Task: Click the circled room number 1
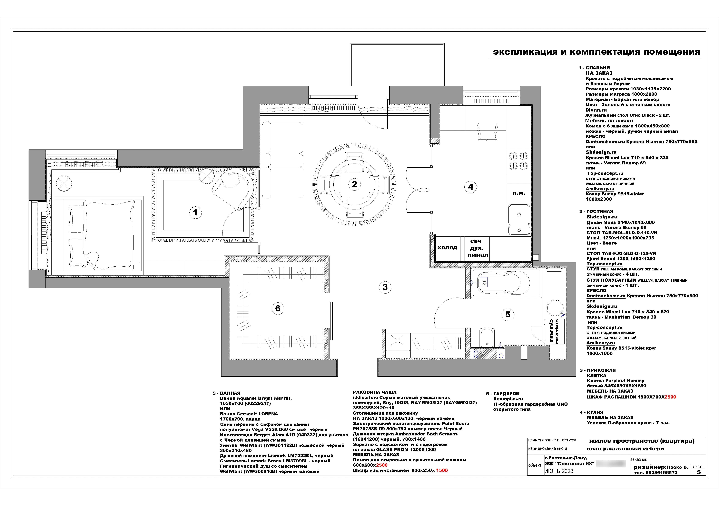point(195,213)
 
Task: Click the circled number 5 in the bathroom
point(508,314)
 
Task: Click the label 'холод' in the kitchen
point(447,248)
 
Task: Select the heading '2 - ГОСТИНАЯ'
point(596,211)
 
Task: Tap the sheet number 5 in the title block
point(699,472)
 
